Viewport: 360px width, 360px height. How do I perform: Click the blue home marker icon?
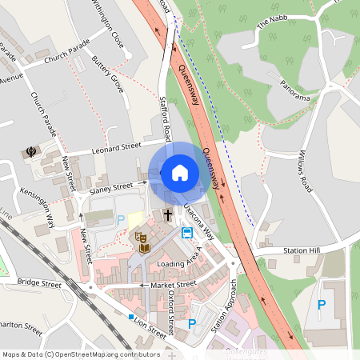pyautogui.click(x=180, y=172)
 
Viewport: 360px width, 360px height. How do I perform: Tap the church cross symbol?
pyautogui.click(x=168, y=214)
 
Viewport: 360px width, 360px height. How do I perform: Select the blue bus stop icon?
pyautogui.click(x=186, y=233)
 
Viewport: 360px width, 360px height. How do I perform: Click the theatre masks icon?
pyautogui.click(x=140, y=238)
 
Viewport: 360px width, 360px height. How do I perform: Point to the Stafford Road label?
pyautogui.click(x=166, y=120)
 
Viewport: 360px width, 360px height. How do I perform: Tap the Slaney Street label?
pyautogui.click(x=111, y=187)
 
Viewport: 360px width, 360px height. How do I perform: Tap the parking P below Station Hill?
pyautogui.click(x=321, y=304)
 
